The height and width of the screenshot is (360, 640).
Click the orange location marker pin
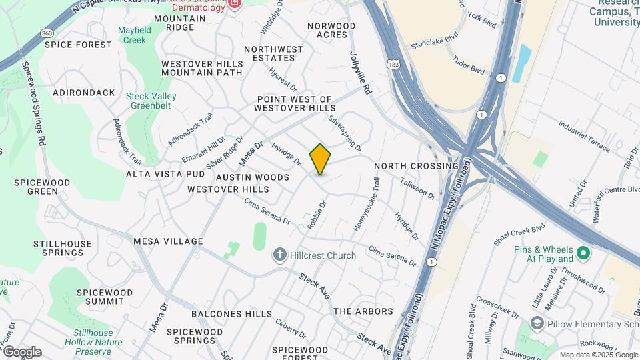click(x=321, y=159)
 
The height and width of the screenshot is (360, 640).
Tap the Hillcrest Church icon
click(x=279, y=255)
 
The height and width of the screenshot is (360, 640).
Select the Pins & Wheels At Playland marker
click(x=583, y=253)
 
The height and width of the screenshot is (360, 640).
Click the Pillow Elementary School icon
click(x=537, y=324)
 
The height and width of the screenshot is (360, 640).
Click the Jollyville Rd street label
click(x=359, y=73)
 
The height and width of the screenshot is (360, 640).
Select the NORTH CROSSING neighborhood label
click(x=417, y=166)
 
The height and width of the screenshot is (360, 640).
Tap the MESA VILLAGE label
click(x=168, y=241)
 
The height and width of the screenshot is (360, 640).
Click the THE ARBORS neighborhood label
click(x=363, y=311)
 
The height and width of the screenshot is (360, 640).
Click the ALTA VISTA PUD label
click(x=165, y=174)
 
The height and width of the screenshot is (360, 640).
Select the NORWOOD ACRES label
click(x=331, y=30)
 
